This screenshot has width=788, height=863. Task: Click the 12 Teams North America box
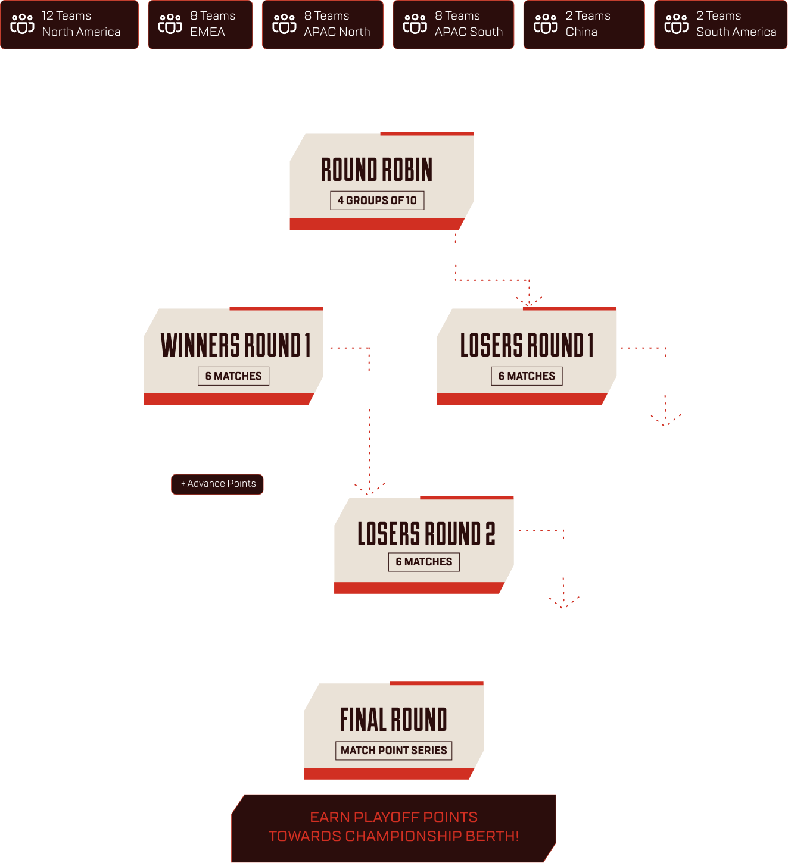click(69, 24)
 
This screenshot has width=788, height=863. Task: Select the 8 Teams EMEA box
click(200, 24)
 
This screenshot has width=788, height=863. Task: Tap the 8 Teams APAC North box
click(322, 24)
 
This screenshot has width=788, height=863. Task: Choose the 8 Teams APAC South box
click(453, 24)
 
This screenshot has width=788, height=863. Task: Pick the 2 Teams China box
click(584, 24)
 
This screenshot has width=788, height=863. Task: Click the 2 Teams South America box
click(721, 24)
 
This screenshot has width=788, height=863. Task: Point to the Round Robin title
click(377, 170)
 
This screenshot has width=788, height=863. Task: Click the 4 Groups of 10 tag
click(377, 201)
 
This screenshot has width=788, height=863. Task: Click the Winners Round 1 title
click(235, 345)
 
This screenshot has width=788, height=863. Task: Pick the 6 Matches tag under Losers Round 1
click(527, 376)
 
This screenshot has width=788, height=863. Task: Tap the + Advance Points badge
click(217, 484)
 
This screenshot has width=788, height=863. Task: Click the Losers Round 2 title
click(426, 533)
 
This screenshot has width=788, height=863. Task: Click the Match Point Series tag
click(394, 751)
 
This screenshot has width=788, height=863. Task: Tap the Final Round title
click(393, 720)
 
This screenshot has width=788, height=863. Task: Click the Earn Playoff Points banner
click(394, 827)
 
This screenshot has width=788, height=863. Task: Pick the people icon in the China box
click(546, 24)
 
